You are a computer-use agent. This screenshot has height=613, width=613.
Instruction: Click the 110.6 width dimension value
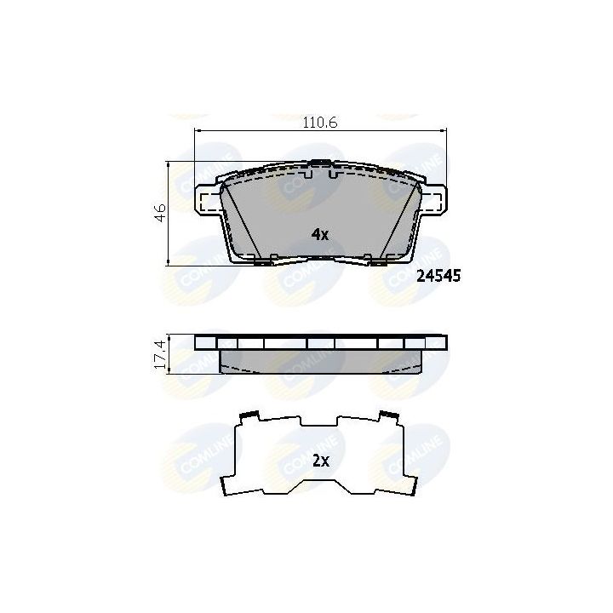[x=320, y=123]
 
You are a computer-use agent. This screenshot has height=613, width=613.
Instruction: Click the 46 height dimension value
[x=160, y=213]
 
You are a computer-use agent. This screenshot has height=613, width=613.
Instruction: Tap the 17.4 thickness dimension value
[x=160, y=354]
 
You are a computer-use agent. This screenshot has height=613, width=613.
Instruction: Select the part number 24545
[x=438, y=276]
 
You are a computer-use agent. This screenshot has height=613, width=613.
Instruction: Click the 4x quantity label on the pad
[x=320, y=235]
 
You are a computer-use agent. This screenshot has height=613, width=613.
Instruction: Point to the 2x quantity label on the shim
[x=321, y=461]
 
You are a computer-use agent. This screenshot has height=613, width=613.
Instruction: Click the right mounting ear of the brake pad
[x=433, y=200]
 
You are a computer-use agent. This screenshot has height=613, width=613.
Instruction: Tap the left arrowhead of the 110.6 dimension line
[x=197, y=130]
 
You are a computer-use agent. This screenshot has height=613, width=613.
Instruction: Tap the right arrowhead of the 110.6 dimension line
[x=444, y=130]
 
